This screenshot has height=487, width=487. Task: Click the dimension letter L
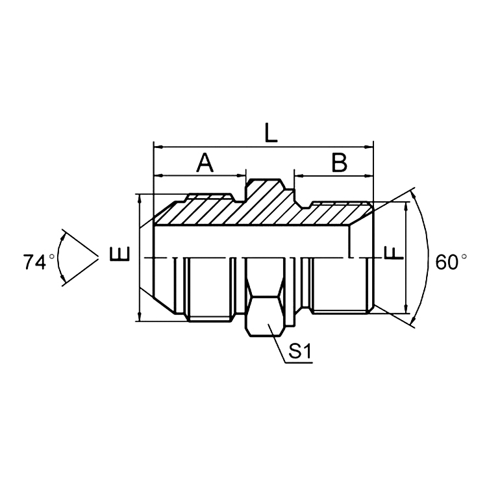271,132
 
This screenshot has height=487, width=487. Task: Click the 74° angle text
38,262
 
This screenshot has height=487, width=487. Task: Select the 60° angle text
451,262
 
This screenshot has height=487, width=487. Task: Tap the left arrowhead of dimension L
158,147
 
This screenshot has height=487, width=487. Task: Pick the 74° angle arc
59,258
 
